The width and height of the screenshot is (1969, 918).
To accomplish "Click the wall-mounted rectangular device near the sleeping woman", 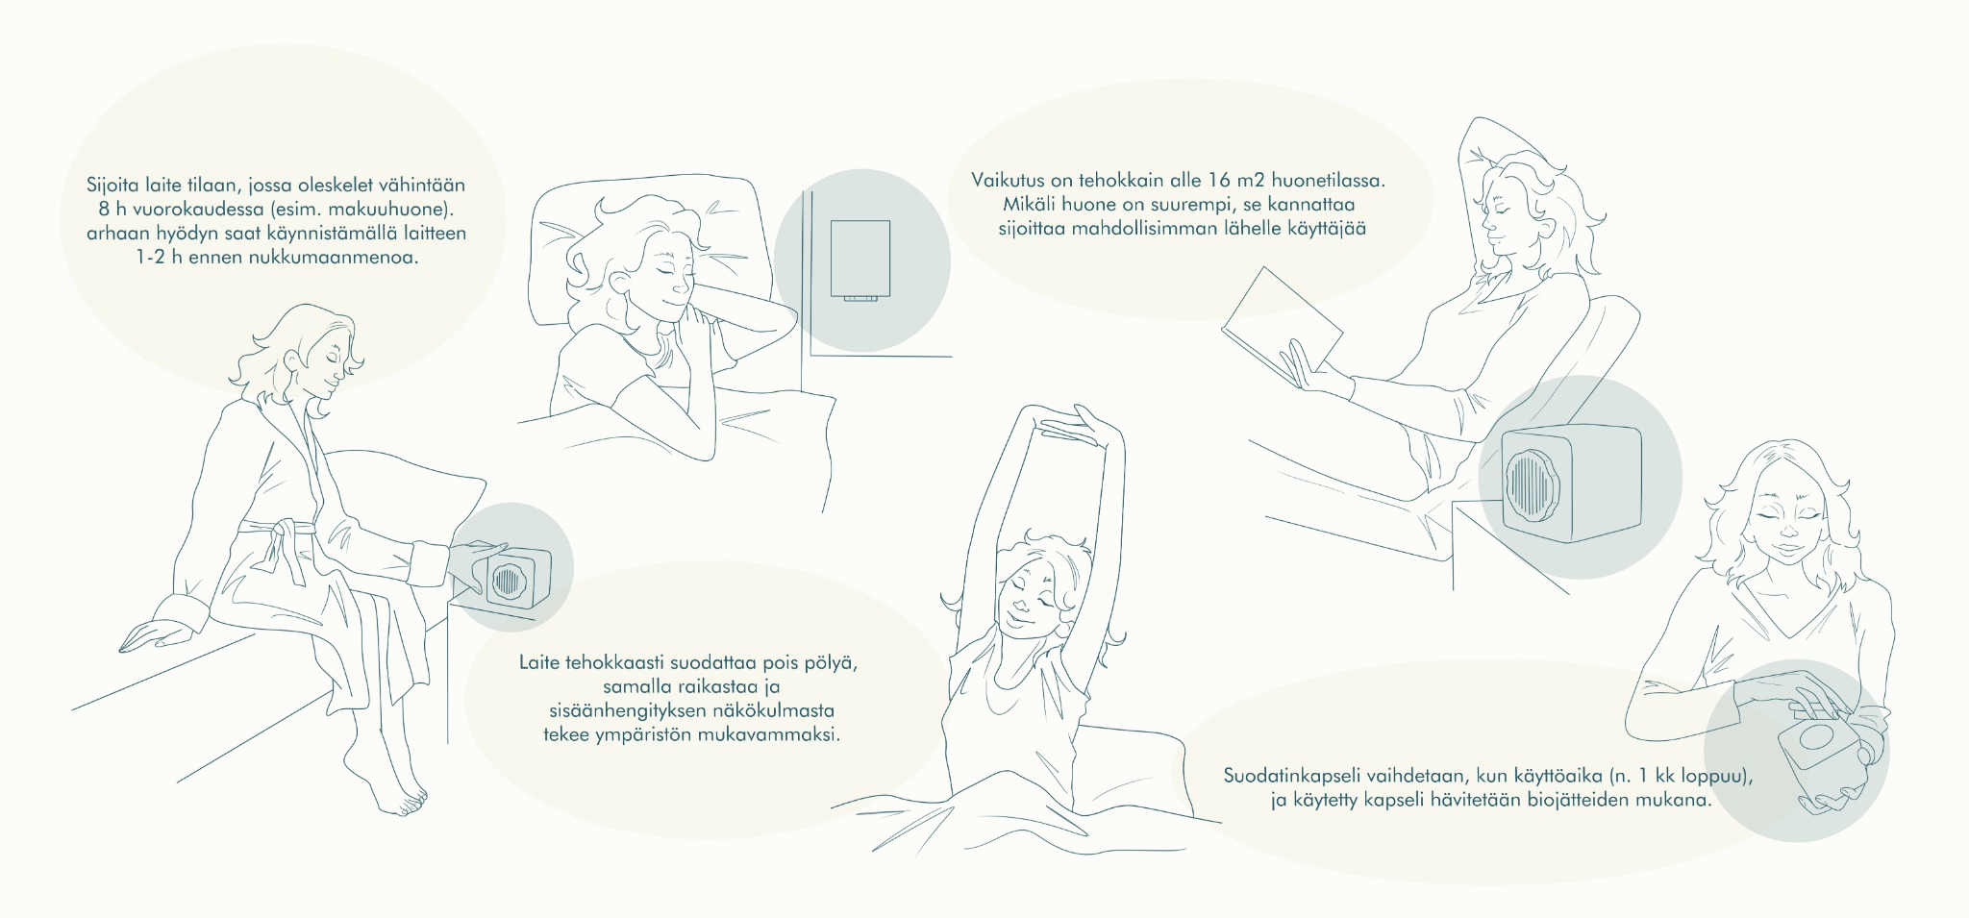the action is point(860,261).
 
